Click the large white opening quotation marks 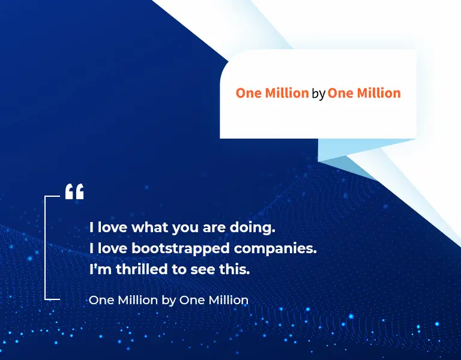[74, 191]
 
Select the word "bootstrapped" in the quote [180, 249]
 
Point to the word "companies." [275, 249]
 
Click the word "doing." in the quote [252, 227]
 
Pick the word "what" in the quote [149, 227]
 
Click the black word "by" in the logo [318, 94]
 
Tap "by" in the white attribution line [169, 301]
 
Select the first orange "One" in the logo [249, 93]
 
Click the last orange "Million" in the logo [379, 93]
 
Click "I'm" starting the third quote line [100, 269]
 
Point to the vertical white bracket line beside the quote [45, 248]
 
